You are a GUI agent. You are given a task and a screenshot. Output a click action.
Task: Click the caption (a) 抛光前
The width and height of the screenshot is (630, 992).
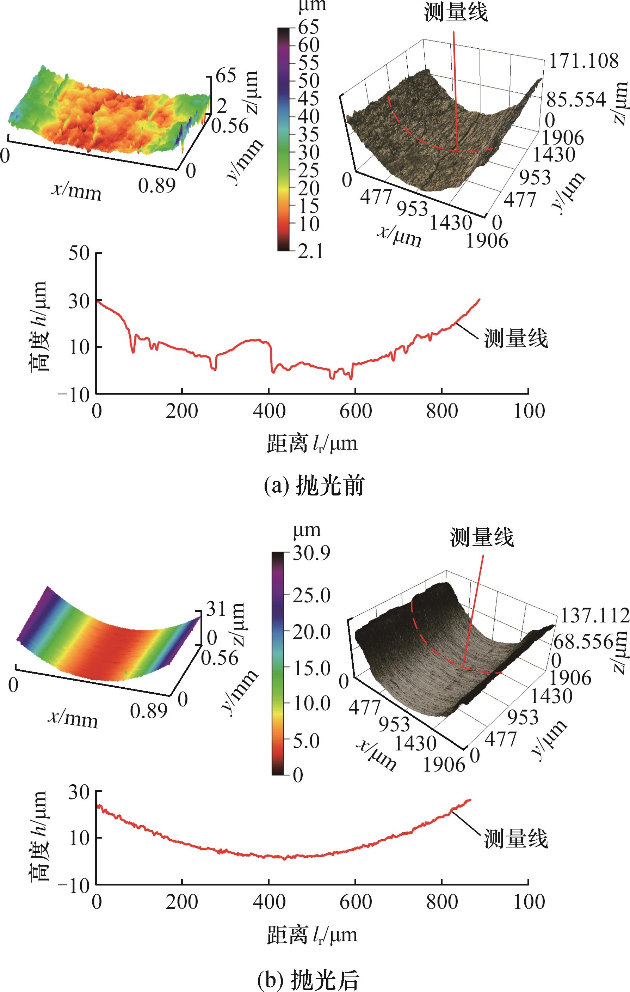coord(314,487)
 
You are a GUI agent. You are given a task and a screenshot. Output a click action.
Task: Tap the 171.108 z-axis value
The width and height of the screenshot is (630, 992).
coord(583,61)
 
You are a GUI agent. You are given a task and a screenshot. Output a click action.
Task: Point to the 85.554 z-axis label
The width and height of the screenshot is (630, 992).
coord(576,100)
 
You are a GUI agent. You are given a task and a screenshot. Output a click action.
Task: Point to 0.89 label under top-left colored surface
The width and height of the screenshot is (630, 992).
coord(157,186)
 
